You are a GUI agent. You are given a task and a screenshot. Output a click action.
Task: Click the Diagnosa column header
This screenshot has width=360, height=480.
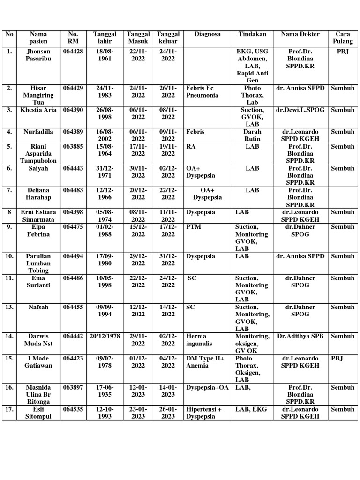[207, 34]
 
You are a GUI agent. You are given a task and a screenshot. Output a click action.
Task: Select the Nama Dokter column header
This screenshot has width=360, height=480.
[300, 34]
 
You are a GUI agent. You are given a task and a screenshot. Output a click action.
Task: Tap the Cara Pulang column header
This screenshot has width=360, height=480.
[343, 37]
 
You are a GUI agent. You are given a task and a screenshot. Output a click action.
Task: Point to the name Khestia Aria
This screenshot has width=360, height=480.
[38, 110]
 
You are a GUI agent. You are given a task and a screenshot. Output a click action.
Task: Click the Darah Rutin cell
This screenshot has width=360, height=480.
[252, 135]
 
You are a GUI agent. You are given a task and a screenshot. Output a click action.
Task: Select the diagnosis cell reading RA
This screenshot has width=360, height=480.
[191, 146]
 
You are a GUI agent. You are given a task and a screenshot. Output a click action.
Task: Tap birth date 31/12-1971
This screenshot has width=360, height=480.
[105, 172]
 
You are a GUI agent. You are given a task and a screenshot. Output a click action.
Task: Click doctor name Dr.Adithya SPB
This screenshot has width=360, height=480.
[300, 336]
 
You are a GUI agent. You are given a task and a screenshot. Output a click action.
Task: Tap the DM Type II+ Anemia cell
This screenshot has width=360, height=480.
[205, 362]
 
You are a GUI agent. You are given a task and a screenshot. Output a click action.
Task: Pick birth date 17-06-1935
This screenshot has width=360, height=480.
[105, 391]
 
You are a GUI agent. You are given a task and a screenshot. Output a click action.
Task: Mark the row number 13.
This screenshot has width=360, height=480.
[9, 307]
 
